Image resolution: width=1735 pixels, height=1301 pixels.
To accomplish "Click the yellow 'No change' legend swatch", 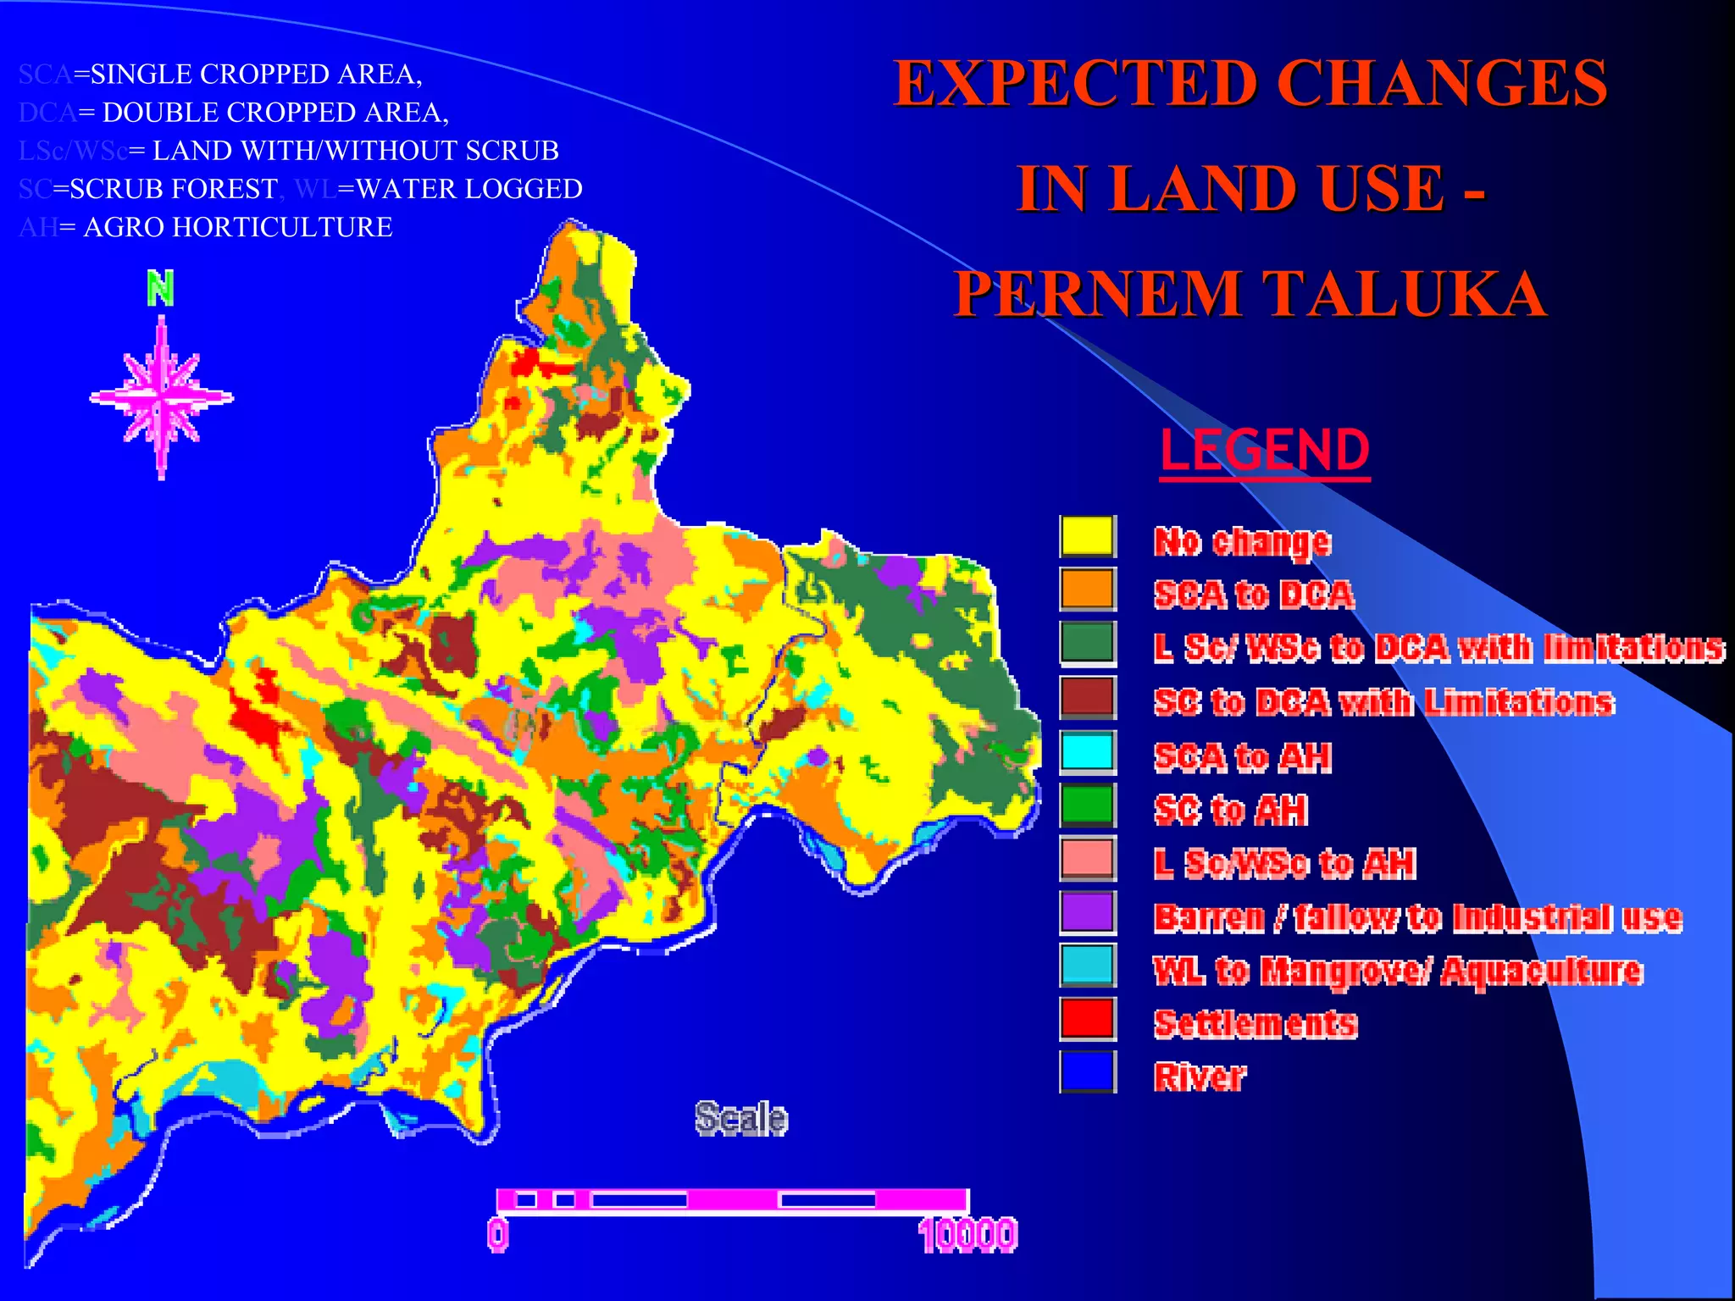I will click(x=1088, y=536).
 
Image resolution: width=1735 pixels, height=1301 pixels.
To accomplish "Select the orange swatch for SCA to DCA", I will click(x=1088, y=590).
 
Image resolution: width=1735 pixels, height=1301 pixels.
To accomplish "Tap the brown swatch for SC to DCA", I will click(x=1088, y=697).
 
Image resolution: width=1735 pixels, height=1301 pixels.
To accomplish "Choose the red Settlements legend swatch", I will click(x=1088, y=1018).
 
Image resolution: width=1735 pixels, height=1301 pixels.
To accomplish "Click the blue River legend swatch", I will click(x=1088, y=1071).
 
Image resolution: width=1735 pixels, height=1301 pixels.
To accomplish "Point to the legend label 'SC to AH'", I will click(x=1231, y=811).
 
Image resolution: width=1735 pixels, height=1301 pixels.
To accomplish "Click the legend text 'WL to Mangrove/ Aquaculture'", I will click(x=1398, y=971).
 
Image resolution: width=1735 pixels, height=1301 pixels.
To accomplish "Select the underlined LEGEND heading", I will click(x=1265, y=451).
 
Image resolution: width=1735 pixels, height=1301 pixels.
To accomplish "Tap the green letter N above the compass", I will click(x=160, y=288).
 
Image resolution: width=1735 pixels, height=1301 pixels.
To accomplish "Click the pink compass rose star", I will click(x=161, y=397).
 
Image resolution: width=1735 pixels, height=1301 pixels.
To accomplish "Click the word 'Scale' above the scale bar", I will click(x=741, y=1118).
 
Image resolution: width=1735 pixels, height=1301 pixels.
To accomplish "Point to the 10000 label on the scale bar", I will click(x=967, y=1235).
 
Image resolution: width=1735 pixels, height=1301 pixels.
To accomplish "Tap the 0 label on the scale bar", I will click(x=498, y=1235).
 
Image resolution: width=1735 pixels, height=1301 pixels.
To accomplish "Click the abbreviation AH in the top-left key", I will click(x=38, y=227).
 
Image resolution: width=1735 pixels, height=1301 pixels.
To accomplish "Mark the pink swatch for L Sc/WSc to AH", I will click(x=1088, y=858).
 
